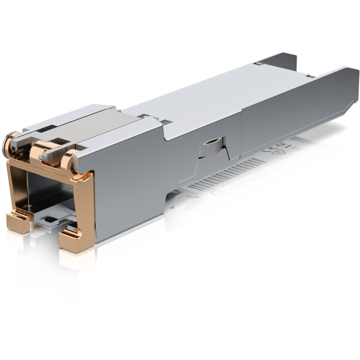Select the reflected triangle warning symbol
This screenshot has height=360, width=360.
pos(285,152)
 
